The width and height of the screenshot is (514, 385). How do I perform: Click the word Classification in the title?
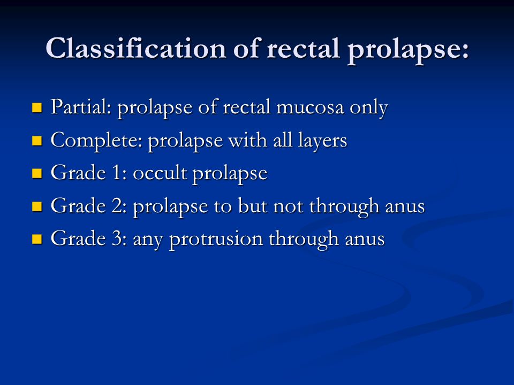[x=137, y=48]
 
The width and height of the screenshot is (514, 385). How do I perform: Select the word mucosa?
[x=310, y=107]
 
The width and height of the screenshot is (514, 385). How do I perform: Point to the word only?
[x=369, y=108]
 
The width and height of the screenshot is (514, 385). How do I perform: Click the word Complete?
[x=96, y=141]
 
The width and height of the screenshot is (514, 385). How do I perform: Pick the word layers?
[x=322, y=141]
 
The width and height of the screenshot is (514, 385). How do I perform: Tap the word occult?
[x=160, y=173]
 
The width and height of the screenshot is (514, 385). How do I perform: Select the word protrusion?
[x=216, y=239]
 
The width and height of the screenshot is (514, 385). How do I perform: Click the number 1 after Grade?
[x=117, y=173]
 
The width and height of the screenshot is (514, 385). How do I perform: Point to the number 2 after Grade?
[x=117, y=205]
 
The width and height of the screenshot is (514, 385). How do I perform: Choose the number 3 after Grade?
[x=117, y=238]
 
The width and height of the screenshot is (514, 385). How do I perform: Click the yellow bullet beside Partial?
[x=37, y=107]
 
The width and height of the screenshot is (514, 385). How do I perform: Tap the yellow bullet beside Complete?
[x=37, y=141]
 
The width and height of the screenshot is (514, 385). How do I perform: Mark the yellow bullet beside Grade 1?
[x=37, y=173]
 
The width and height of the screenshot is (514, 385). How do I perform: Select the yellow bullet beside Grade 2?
[x=37, y=206]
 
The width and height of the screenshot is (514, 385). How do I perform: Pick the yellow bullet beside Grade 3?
[x=37, y=239]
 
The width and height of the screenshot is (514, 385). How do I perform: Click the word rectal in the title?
[x=303, y=49]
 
